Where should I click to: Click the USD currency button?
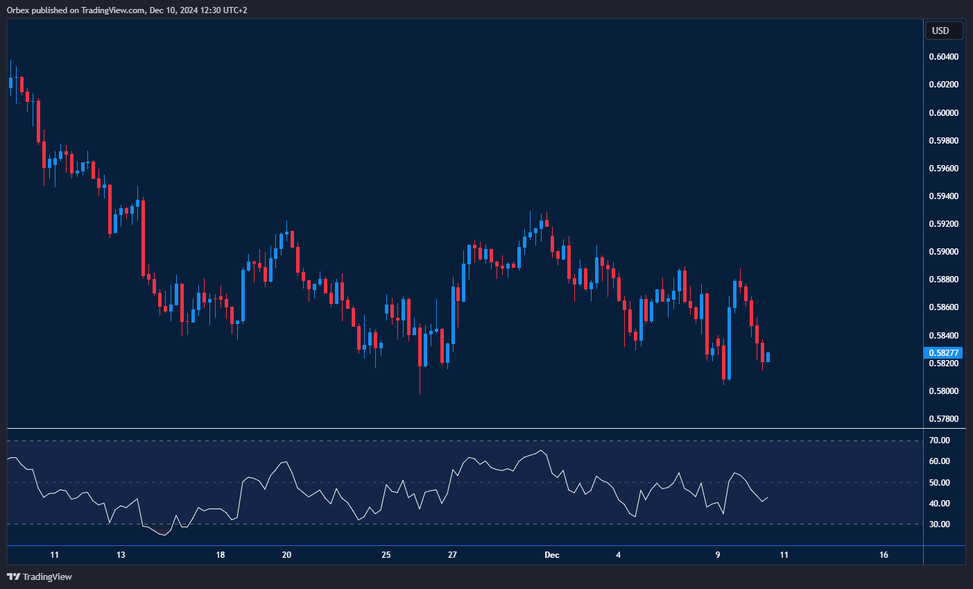pyautogui.click(x=943, y=31)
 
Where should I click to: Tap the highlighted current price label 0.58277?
pyautogui.click(x=943, y=353)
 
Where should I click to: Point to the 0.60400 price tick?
pyautogui.click(x=943, y=57)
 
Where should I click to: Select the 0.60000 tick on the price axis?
pyautogui.click(x=943, y=112)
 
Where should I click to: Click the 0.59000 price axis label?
pyautogui.click(x=943, y=252)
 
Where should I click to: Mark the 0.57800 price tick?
pyautogui.click(x=943, y=419)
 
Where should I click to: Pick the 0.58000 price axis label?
pyautogui.click(x=943, y=391)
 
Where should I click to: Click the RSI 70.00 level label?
pyautogui.click(x=940, y=441)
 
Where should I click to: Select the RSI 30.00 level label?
pyautogui.click(x=940, y=524)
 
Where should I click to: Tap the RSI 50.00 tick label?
pyautogui.click(x=940, y=483)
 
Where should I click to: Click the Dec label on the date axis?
pyautogui.click(x=552, y=555)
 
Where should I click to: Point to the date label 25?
pyautogui.click(x=386, y=555)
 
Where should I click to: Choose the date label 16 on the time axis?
pyautogui.click(x=884, y=555)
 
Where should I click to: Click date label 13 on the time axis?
pyautogui.click(x=121, y=555)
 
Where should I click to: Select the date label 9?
pyautogui.click(x=718, y=555)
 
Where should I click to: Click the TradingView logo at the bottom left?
pyautogui.click(x=40, y=577)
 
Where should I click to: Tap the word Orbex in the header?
pyautogui.click(x=19, y=10)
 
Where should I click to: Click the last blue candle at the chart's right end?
pyautogui.click(x=768, y=357)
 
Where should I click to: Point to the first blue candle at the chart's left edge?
pyautogui.click(x=10, y=83)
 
